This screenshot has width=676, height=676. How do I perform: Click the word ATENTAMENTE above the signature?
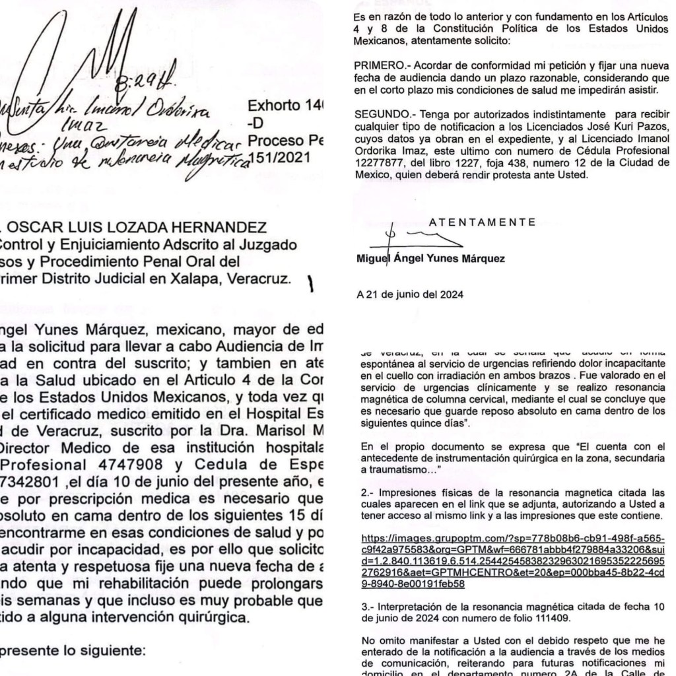coord(483,222)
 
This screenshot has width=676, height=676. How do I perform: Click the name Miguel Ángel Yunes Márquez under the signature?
coord(430,258)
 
